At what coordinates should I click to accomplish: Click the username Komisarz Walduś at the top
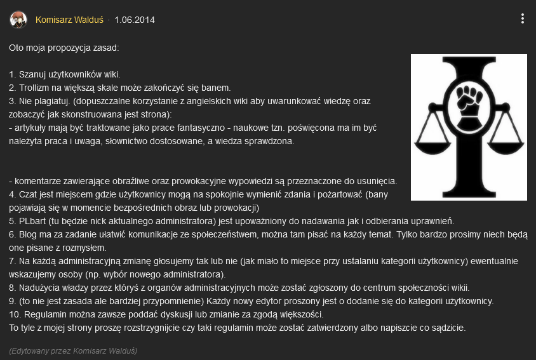coord(69,20)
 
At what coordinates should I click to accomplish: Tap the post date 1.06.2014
coord(135,20)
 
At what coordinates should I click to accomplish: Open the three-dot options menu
coord(522,19)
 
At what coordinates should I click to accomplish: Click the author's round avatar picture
coord(18,20)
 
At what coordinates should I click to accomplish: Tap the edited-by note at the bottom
coord(73,350)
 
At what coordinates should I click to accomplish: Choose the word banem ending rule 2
coord(217,87)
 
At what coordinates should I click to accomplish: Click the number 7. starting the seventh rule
coord(13,261)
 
